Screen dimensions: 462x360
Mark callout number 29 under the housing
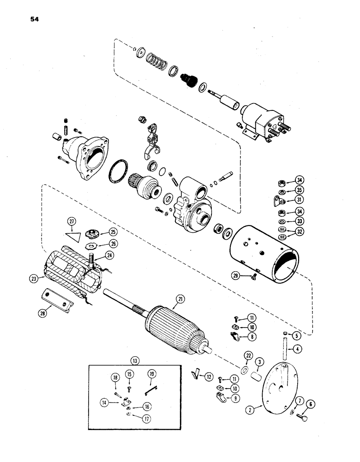236,276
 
